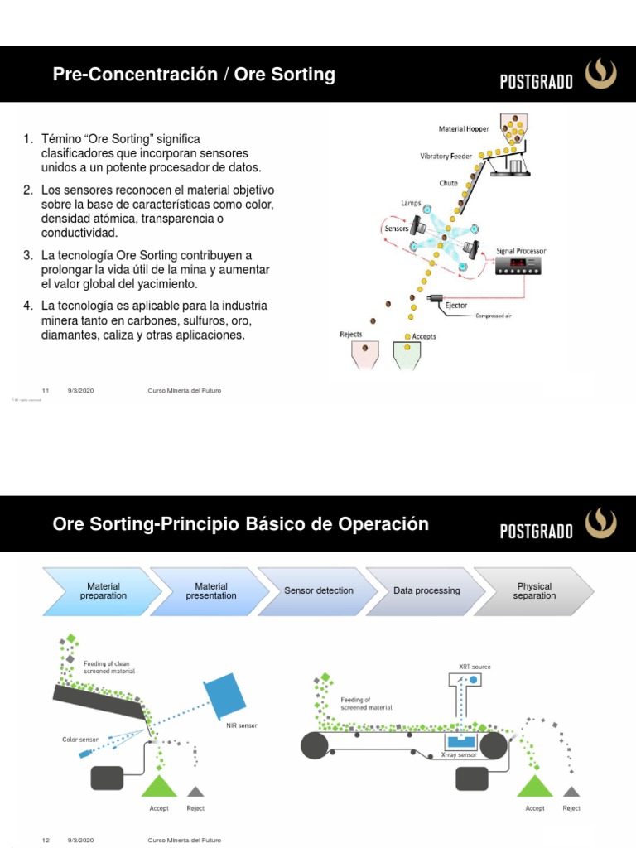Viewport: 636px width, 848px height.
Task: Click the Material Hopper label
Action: [464, 128]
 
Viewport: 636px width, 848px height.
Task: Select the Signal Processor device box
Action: [518, 266]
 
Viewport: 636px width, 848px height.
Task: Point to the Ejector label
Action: [456, 305]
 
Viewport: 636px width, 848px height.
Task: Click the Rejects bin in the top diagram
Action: [365, 354]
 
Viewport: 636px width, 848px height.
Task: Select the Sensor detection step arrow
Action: [318, 591]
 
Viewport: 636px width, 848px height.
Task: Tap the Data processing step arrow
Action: [426, 591]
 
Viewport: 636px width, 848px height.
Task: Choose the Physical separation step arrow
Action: [533, 591]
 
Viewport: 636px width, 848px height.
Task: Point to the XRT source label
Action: [475, 665]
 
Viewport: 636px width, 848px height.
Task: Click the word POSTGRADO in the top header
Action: [536, 82]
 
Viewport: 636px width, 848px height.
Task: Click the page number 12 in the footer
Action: [46, 840]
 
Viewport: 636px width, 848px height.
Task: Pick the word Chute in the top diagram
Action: [448, 183]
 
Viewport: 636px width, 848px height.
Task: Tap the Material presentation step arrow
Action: [210, 591]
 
